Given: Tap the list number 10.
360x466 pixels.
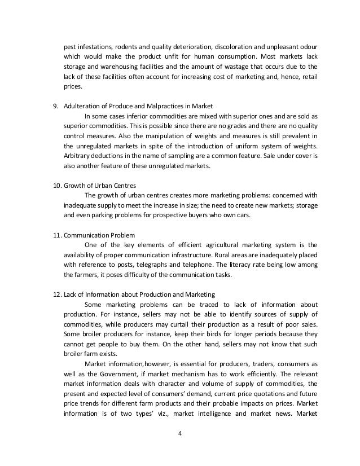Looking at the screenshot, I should coord(55,187).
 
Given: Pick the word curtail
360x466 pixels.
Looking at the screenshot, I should coord(170,323).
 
